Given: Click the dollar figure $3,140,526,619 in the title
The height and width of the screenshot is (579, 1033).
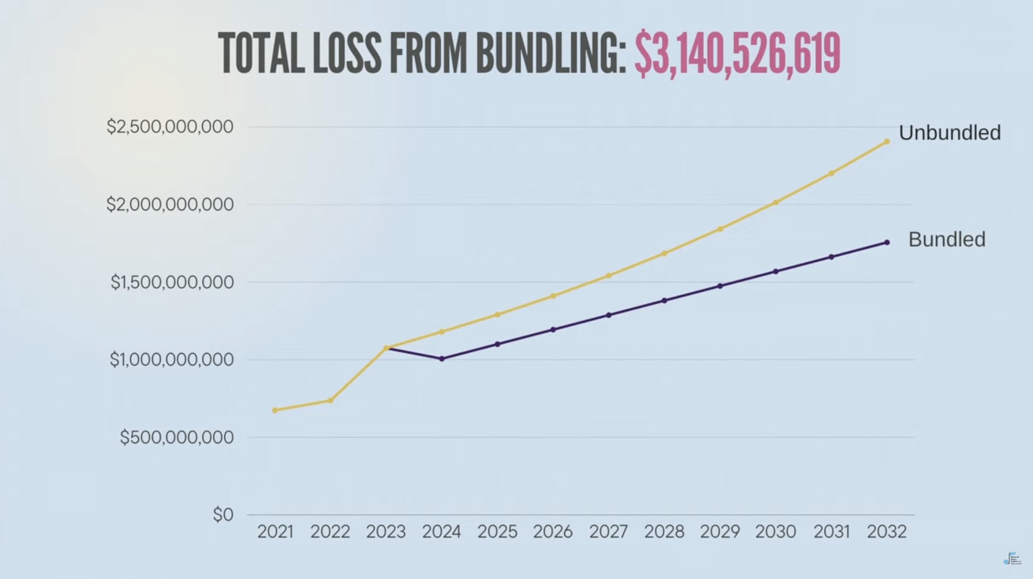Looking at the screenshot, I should tap(737, 53).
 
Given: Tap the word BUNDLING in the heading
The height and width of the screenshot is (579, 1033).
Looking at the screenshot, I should tap(550, 53).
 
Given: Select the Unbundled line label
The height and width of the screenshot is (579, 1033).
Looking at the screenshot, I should tap(949, 133).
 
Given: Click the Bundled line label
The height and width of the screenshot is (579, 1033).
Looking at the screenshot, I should tap(946, 240).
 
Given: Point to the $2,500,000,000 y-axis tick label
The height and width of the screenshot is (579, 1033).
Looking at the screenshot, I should tap(170, 127).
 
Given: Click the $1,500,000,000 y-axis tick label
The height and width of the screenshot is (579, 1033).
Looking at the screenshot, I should tap(172, 283).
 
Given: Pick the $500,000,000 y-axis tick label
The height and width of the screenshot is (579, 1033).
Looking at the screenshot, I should tap(177, 437).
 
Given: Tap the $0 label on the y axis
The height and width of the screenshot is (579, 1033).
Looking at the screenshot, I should tap(223, 515).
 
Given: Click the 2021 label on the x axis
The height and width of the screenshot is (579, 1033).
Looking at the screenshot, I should tap(275, 532).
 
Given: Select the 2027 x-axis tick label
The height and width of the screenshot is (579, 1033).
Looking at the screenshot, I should tap(608, 532).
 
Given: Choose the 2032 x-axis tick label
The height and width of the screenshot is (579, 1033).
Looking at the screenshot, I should tap(886, 532).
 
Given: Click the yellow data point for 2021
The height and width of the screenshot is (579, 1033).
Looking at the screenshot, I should tap(275, 410).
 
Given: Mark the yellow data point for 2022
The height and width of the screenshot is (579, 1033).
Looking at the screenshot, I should tap(331, 400).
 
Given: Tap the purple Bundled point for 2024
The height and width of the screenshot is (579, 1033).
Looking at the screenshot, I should tap(442, 359).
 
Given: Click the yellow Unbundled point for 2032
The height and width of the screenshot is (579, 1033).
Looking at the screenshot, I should tap(887, 142).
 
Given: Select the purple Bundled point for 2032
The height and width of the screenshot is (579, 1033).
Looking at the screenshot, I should tap(887, 242).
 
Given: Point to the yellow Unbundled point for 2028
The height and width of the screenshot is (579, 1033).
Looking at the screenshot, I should tap(664, 254).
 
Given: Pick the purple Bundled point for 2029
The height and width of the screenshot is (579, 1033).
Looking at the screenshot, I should tap(720, 286).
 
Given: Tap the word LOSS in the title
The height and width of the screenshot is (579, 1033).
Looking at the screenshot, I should tap(346, 53).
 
